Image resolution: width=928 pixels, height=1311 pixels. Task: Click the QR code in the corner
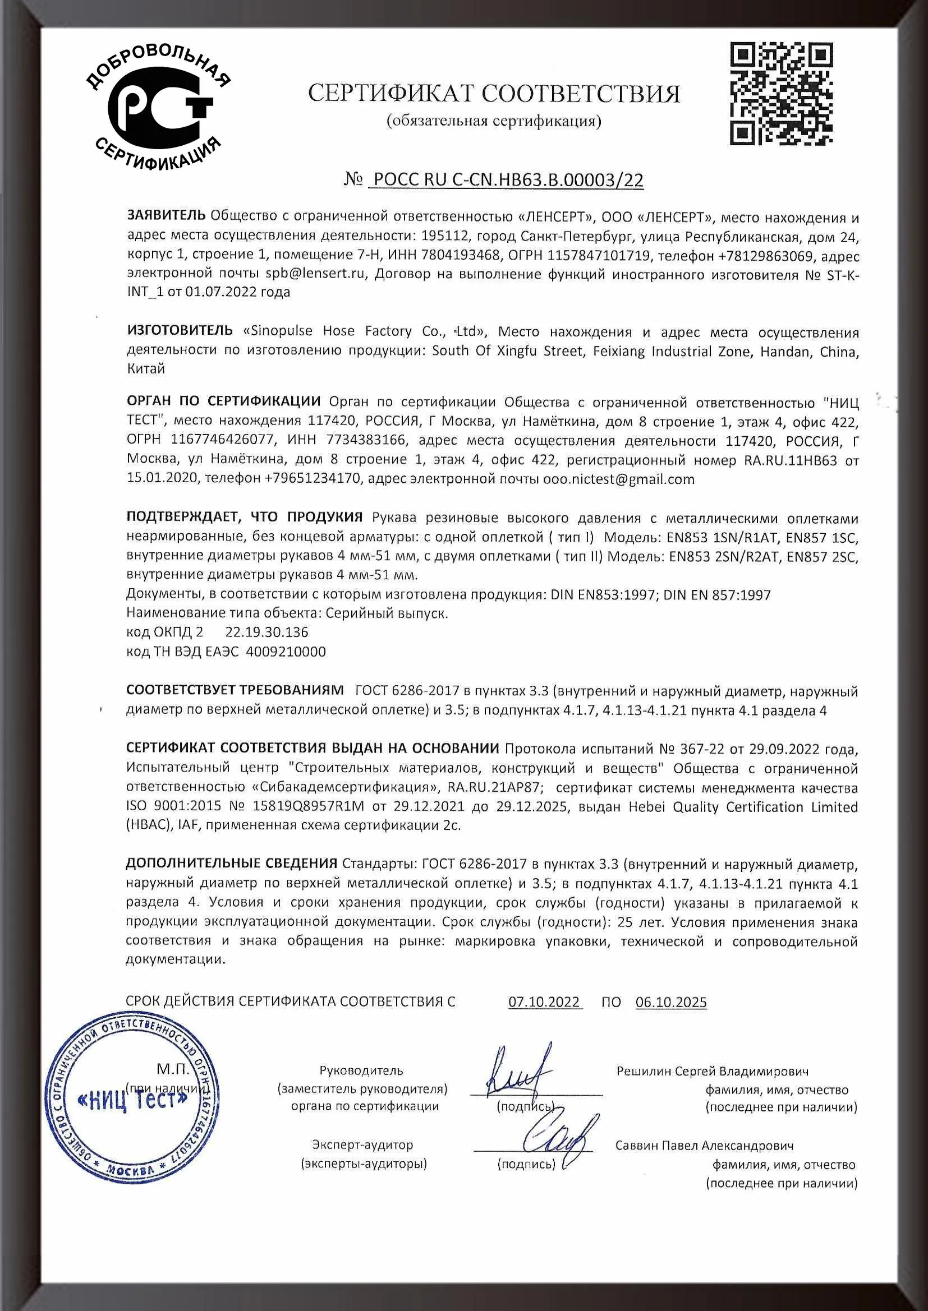coord(781,95)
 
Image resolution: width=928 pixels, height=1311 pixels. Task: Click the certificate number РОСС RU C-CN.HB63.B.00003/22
coord(507,181)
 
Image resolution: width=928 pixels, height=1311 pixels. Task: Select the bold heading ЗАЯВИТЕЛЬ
coord(166,216)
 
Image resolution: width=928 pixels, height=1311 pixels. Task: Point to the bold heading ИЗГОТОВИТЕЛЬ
coord(180,331)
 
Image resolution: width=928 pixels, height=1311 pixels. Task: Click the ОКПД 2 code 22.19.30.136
coord(267,632)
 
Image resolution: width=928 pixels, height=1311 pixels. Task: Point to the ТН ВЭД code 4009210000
coord(286,652)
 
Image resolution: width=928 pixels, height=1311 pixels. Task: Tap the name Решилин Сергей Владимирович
coord(713,1070)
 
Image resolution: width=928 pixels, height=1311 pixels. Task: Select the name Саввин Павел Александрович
coord(705,1146)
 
